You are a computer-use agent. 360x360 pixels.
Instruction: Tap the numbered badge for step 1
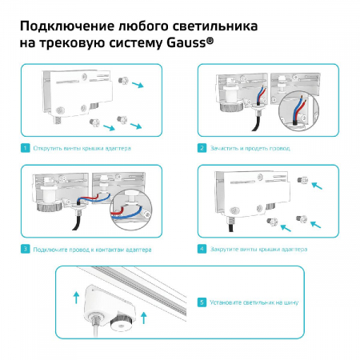pos(26,148)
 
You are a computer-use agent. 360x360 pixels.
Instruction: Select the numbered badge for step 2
pos(203,148)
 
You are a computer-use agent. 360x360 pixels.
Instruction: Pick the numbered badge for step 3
pos(26,249)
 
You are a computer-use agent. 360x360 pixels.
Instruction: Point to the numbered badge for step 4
pos(203,249)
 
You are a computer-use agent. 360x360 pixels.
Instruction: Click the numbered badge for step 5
pos(203,302)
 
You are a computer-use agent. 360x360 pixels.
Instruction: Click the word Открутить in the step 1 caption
pos(48,148)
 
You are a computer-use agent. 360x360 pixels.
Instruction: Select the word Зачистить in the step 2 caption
pos(226,148)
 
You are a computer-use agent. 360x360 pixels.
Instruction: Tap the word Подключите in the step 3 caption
pos(51,249)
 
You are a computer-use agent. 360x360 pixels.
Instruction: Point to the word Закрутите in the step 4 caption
pos(227,249)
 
